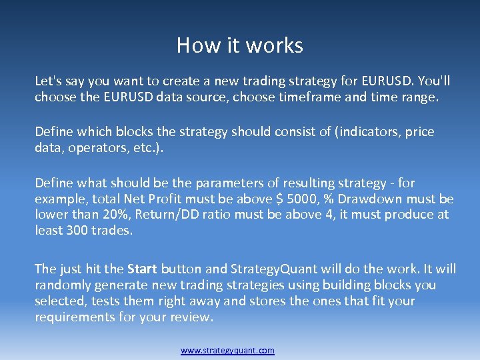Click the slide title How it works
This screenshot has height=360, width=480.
240,45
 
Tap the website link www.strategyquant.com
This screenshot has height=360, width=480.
227,351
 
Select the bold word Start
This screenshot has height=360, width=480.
142,269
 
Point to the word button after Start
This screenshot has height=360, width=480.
181,269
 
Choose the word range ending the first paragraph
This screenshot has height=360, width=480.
418,97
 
